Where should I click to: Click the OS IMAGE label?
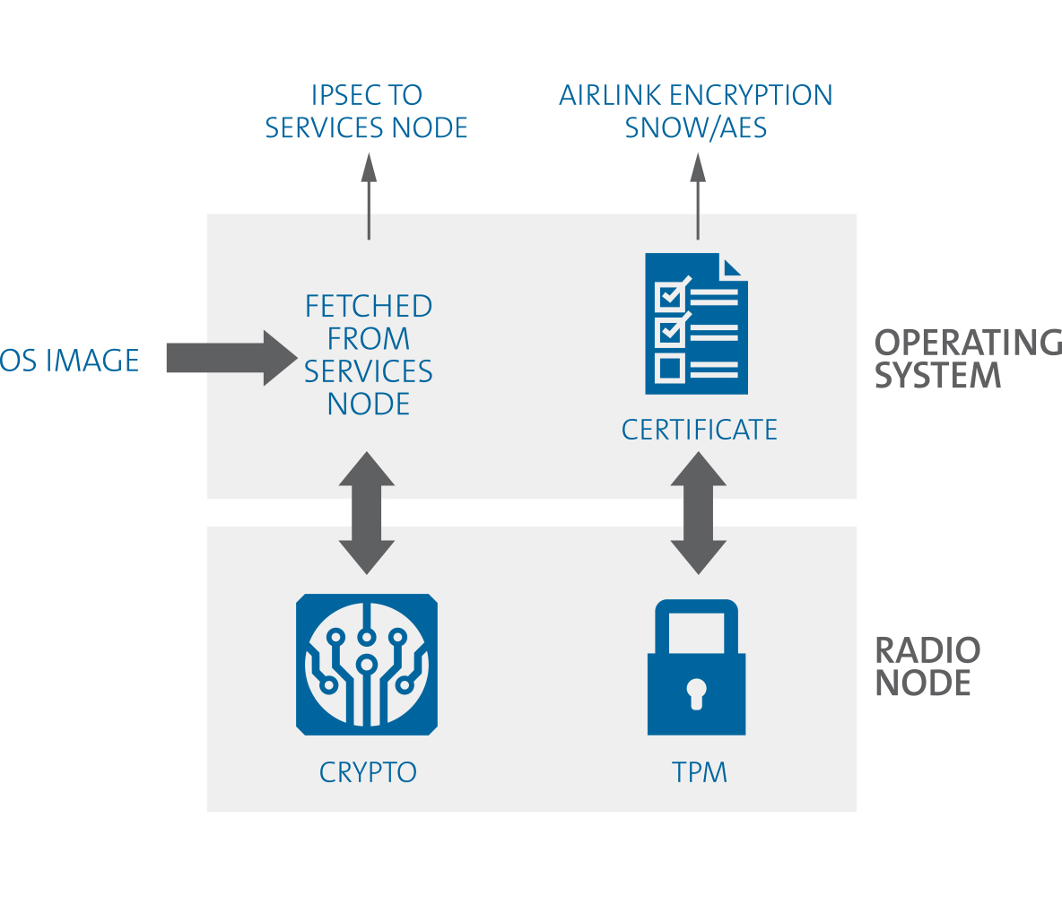pos(70,361)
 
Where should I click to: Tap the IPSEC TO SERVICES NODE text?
pos(367,111)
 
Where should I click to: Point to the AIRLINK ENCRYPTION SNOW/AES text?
pos(696,111)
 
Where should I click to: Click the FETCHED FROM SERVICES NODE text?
pos(369,354)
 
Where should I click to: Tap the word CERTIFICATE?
pos(700,430)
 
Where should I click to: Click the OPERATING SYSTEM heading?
pos(967,358)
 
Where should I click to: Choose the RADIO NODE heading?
pos(927,666)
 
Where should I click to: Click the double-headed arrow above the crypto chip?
pos(366,512)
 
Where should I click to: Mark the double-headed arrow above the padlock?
pos(698,512)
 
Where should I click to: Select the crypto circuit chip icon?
pos(366,664)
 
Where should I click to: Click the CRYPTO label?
pos(368,772)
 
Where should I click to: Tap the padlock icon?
pos(696,668)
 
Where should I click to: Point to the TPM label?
pos(700,772)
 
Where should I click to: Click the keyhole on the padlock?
pos(696,692)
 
